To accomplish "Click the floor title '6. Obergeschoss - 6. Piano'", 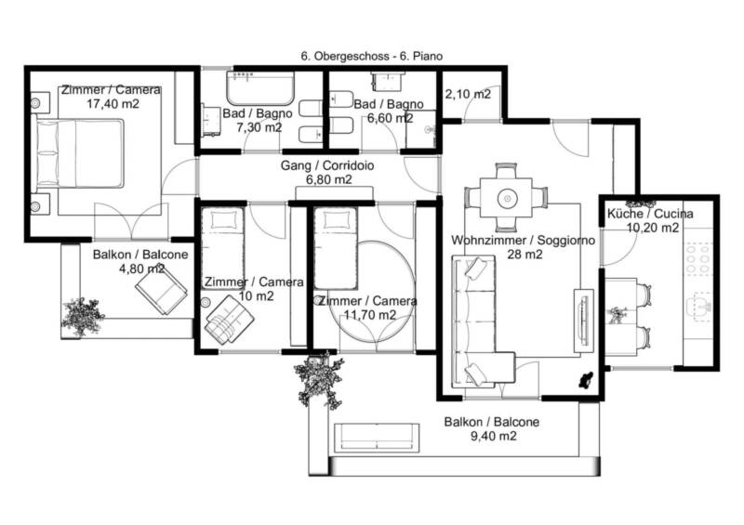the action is [x=371, y=57].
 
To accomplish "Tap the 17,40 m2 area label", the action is [x=113, y=104].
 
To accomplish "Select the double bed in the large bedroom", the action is [x=80, y=153].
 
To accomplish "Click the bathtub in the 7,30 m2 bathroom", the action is [x=260, y=88].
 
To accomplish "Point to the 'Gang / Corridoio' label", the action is [x=327, y=165].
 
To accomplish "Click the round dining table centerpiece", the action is [x=507, y=197].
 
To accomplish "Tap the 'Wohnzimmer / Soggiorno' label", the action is [x=523, y=241].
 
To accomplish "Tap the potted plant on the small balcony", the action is [x=82, y=317].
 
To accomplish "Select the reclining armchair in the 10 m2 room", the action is [x=229, y=319].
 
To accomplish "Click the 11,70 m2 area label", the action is [x=370, y=314].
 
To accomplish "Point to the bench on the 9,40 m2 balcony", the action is [x=378, y=438].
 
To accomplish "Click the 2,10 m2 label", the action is [x=468, y=95].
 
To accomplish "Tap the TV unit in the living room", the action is [x=584, y=321].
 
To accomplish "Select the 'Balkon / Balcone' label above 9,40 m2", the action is [x=492, y=422].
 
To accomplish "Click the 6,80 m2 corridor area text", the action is [x=329, y=179].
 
